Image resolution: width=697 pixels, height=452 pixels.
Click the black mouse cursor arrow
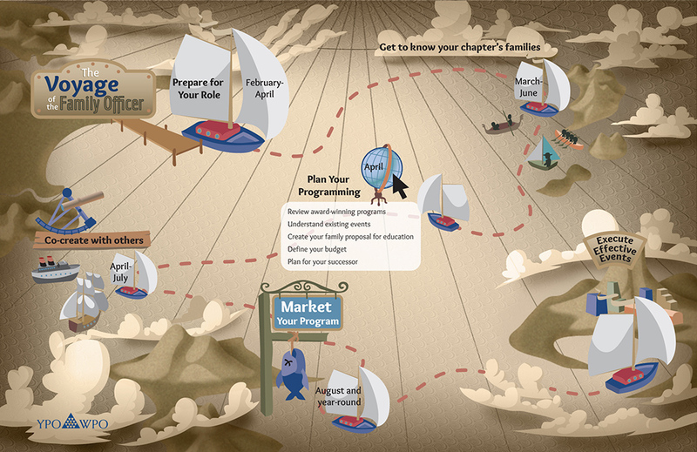point(400,186)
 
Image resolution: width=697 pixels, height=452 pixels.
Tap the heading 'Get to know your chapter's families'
point(462,46)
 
